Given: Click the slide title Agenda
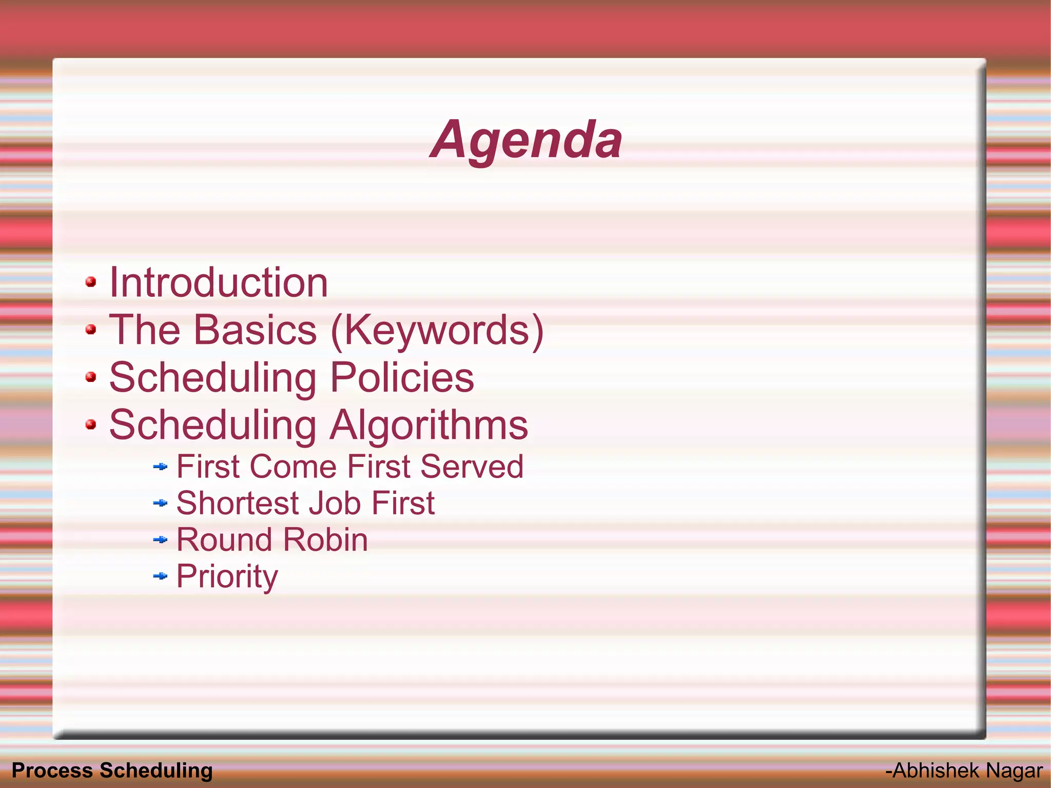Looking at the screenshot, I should (526, 140).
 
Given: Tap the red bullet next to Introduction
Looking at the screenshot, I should (91, 282).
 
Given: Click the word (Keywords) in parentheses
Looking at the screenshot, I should (437, 331).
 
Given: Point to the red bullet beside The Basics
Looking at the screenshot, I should (91, 329).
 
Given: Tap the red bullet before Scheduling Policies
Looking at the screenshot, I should (91, 377).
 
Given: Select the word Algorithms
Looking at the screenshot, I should (429, 425).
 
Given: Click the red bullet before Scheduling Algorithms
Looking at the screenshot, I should (91, 425).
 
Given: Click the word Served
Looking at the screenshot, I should (472, 467).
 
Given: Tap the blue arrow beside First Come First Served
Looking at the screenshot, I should (161, 467).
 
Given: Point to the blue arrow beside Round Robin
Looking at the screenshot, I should (161, 540).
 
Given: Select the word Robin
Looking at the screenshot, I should (325, 540).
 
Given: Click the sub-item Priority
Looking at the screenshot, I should (227, 576).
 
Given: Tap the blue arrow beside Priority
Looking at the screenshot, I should (161, 576).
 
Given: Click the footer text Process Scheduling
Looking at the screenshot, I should (112, 771).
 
